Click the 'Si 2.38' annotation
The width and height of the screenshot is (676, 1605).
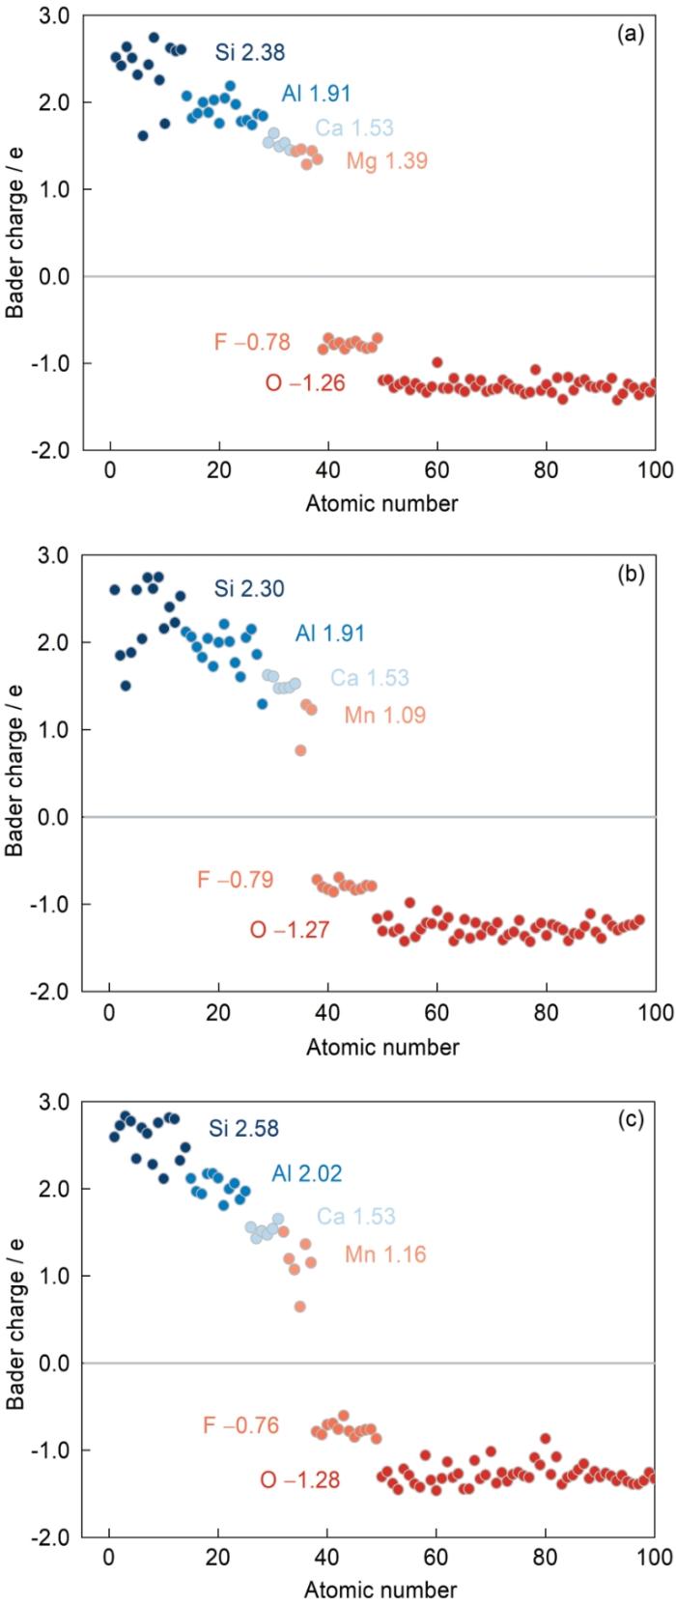[x=250, y=53]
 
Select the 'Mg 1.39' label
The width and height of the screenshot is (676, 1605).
[x=386, y=161]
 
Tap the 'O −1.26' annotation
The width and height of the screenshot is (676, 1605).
[x=304, y=384]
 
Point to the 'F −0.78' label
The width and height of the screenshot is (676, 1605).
[x=252, y=343]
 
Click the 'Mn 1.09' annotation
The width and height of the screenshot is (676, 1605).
[x=384, y=716]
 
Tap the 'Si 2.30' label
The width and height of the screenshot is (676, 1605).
[x=249, y=588]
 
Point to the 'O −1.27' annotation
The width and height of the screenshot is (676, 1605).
[x=290, y=931]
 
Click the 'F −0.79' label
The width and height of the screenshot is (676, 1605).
[x=235, y=880]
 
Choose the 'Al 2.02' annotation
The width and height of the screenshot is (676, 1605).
[x=306, y=1173]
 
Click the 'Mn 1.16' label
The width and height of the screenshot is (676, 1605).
[x=385, y=1255]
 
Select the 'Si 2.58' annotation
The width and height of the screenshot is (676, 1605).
[x=243, y=1128]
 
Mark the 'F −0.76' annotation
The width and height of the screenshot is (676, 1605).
[x=240, y=1425]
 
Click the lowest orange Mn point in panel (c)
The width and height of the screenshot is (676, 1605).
[x=300, y=1307]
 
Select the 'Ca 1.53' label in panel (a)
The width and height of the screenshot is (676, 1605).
[x=354, y=128]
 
